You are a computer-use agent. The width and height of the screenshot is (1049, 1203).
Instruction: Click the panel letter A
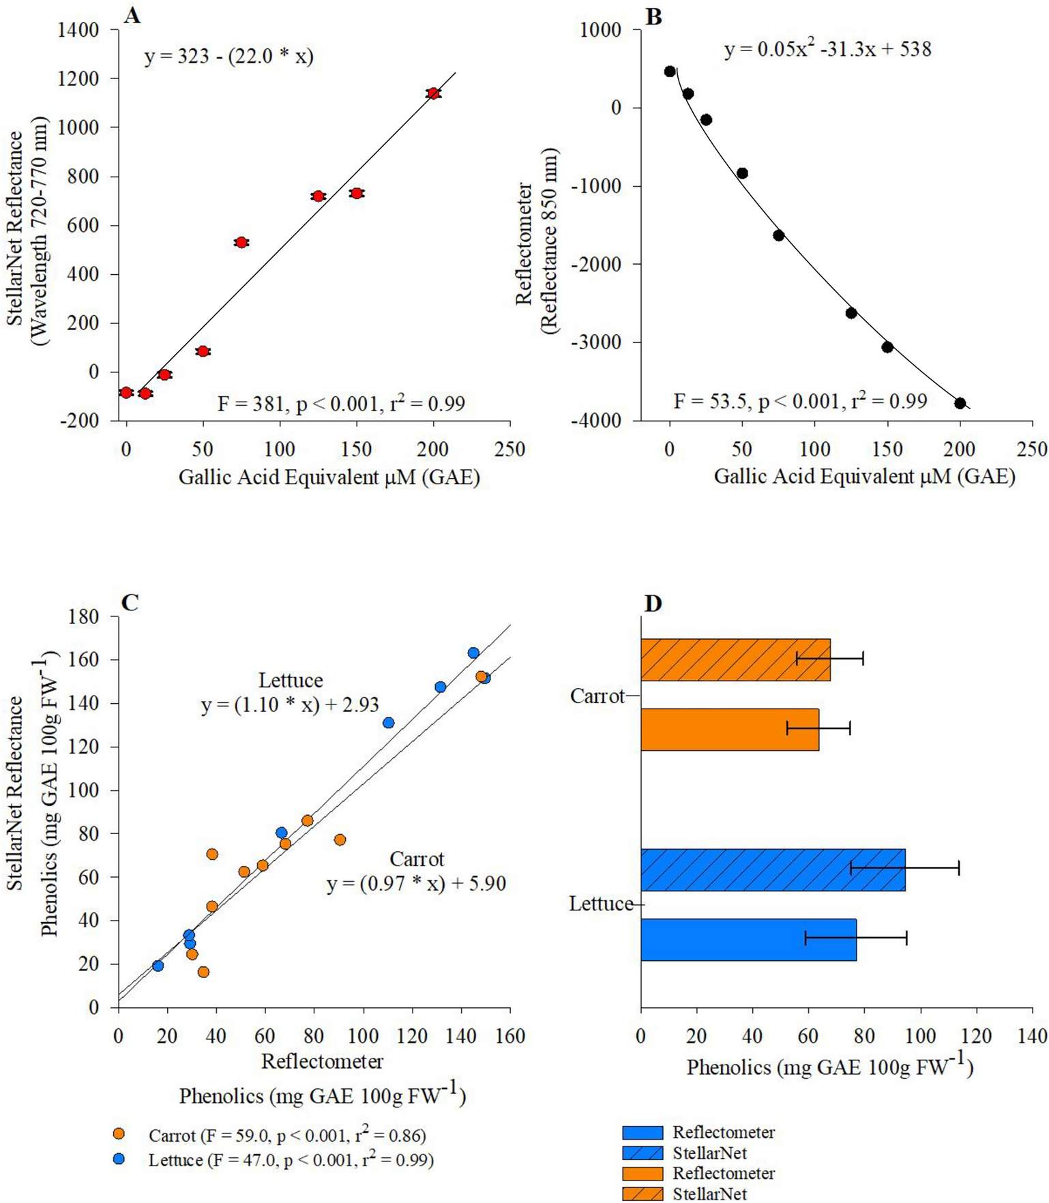[x=132, y=16]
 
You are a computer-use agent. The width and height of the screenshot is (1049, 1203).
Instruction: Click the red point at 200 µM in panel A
[x=433, y=93]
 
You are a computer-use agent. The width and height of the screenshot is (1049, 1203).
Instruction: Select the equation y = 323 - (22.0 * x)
[x=228, y=56]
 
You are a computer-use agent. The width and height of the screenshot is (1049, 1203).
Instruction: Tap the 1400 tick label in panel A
[x=78, y=30]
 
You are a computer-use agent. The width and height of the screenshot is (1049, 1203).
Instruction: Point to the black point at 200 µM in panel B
[x=960, y=403]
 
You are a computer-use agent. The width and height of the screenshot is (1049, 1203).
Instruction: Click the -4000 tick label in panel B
[x=597, y=421]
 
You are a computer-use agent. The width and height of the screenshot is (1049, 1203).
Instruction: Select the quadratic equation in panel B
[x=827, y=49]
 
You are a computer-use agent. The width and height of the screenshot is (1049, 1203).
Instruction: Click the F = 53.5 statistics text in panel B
[x=799, y=401]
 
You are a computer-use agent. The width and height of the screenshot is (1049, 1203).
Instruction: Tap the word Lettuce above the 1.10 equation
[x=291, y=680]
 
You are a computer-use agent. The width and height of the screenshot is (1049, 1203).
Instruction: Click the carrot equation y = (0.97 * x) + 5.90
[x=416, y=884]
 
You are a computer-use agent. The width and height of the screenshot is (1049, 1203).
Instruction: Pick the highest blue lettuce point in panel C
[x=473, y=653]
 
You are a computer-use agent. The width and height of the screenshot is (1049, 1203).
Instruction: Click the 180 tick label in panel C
[x=84, y=617]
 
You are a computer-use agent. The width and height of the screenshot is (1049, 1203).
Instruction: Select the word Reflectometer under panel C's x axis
[x=322, y=1061]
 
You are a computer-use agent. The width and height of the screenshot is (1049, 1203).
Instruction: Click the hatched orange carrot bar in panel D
[x=735, y=659]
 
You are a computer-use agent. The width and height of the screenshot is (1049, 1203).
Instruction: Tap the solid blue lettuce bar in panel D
[x=748, y=940]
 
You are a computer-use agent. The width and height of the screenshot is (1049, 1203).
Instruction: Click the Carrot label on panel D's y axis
[x=597, y=696]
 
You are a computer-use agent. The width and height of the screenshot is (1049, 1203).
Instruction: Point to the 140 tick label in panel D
[x=1031, y=1036]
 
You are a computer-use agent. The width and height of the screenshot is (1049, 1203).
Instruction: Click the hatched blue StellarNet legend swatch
[x=642, y=1153]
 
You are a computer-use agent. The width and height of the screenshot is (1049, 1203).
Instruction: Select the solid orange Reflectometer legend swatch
[x=642, y=1174]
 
